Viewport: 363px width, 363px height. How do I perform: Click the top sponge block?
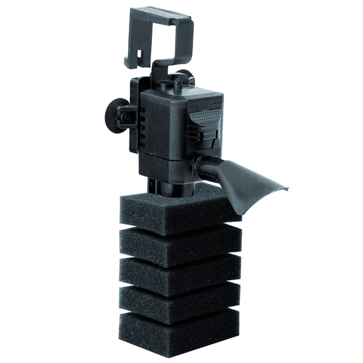pyautogui.click(x=175, y=209)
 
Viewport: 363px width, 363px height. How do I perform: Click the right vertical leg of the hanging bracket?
pyautogui.click(x=188, y=39)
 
